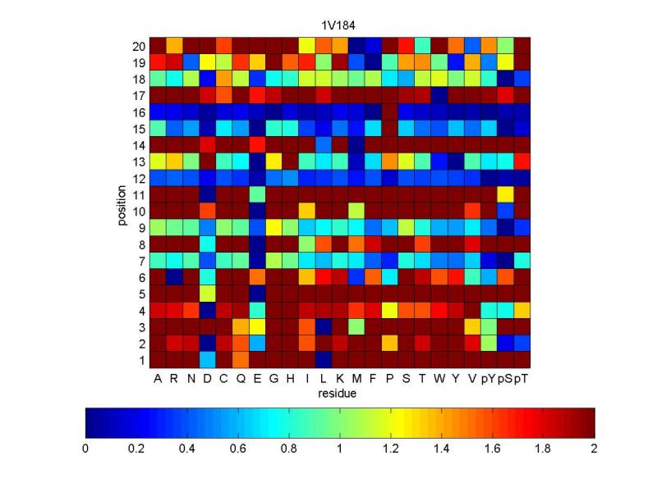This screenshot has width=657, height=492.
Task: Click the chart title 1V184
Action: tap(338, 25)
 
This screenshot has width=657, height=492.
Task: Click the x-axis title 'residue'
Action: tap(338, 394)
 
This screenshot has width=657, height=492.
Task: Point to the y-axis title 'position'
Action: tap(122, 205)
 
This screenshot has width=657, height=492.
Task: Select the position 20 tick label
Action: tap(139, 46)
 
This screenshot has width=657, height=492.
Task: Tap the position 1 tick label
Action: tap(142, 360)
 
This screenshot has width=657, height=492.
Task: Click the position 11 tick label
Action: tap(139, 195)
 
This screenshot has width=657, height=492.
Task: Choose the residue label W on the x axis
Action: tap(439, 379)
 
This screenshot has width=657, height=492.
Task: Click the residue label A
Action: tap(158, 379)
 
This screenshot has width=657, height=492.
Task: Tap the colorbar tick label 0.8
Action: tap(289, 449)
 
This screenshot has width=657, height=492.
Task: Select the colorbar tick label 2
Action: tap(594, 449)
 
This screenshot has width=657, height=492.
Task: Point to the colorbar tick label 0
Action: tap(85, 449)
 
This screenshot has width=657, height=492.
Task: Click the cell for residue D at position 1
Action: tap(208, 360)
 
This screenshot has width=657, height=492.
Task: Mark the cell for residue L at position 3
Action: tap(324, 326)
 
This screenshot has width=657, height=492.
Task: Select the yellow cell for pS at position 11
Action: tap(506, 194)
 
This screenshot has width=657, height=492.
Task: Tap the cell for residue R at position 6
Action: tap(174, 277)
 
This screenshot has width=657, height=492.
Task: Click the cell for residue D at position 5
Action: tap(208, 294)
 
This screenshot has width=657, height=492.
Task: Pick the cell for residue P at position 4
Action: tap(389, 311)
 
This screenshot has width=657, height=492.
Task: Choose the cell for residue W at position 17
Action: tap(439, 95)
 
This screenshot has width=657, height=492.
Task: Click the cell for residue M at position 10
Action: tap(356, 211)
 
